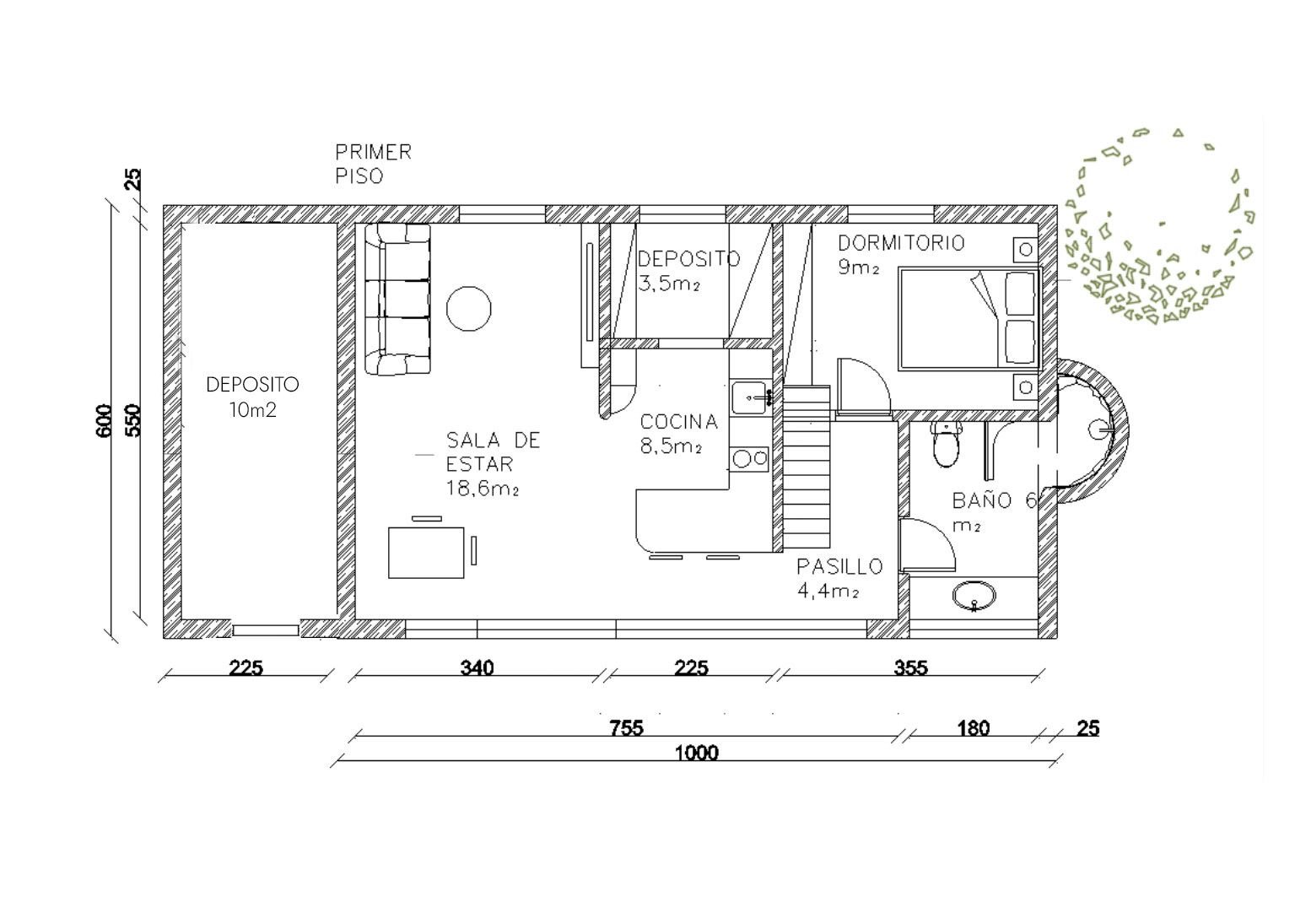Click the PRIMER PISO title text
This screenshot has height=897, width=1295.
[x=373, y=164]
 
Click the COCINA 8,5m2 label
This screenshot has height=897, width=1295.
[x=678, y=433]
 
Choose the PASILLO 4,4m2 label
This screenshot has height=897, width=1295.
[x=839, y=578]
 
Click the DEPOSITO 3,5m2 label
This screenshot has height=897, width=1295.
[x=688, y=270]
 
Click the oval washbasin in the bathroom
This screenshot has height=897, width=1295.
[x=974, y=597]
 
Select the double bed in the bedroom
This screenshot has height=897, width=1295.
[x=969, y=317]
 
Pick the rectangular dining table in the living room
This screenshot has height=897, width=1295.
[x=427, y=552]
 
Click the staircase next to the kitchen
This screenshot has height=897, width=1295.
[x=807, y=466]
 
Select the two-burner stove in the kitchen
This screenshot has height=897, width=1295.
[x=749, y=458]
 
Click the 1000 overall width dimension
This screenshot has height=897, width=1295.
[x=697, y=753]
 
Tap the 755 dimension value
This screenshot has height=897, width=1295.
[x=626, y=727]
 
